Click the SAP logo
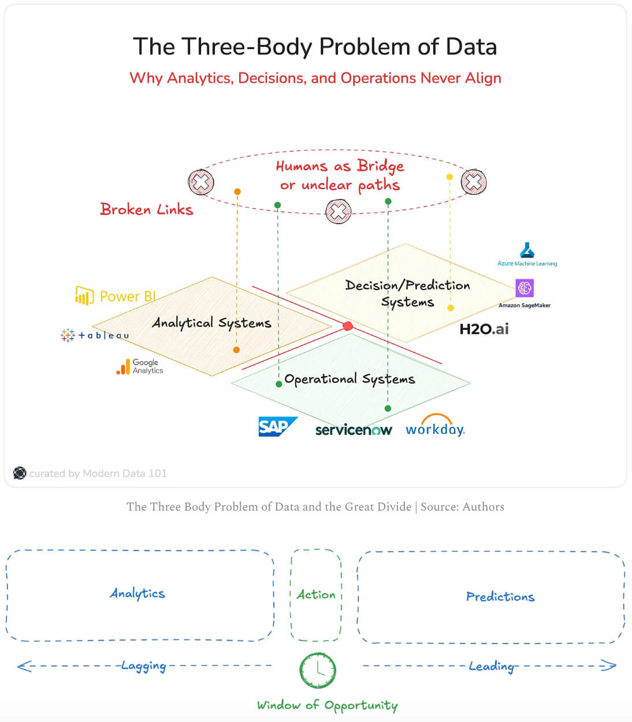coord(277,426)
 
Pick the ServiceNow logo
coord(354,430)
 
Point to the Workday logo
coord(435,427)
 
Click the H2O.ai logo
coord(484,329)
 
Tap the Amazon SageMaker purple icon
coord(525,288)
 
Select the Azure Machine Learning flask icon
coord(527,250)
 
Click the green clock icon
coord(318,669)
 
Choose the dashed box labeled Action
coord(316,595)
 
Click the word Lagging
coord(143,666)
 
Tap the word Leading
coord(491,666)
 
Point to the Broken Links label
coord(146,209)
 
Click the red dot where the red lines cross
coord(348,326)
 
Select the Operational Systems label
coord(350,379)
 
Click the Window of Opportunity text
coord(327,705)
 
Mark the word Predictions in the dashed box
coord(500,597)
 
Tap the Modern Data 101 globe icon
coord(20,473)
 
